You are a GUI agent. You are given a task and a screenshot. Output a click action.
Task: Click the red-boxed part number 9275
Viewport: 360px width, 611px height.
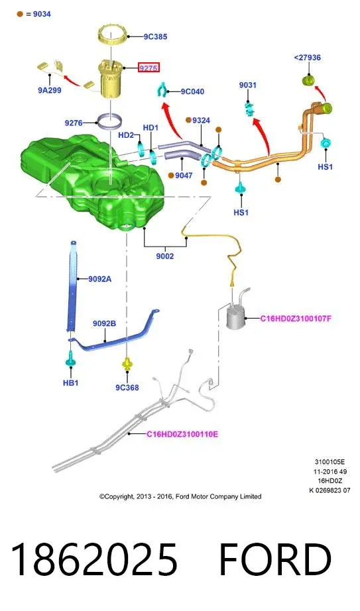(149, 68)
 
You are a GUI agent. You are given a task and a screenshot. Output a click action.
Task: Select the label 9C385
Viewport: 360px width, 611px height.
(155, 36)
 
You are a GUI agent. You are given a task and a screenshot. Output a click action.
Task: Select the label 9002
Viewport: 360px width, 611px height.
(165, 256)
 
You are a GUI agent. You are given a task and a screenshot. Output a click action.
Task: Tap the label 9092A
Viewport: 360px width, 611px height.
(100, 279)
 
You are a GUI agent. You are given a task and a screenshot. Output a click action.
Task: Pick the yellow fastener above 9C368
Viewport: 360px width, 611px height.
(127, 364)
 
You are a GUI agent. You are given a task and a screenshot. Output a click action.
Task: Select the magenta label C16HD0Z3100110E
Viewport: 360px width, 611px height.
(182, 434)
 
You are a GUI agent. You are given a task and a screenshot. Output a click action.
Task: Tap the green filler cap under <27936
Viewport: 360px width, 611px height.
(309, 80)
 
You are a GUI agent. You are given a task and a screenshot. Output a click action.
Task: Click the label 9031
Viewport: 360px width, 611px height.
(248, 85)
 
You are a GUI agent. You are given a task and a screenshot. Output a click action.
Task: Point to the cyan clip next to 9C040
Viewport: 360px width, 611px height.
(162, 90)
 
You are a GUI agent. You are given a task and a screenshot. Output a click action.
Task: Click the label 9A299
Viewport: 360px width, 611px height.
(50, 90)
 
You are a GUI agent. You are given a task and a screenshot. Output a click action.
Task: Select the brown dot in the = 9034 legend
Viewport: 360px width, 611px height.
(20, 14)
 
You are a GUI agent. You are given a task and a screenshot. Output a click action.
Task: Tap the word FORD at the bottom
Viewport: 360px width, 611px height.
(275, 559)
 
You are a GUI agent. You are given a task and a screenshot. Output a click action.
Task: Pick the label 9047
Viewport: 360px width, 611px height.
(184, 176)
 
